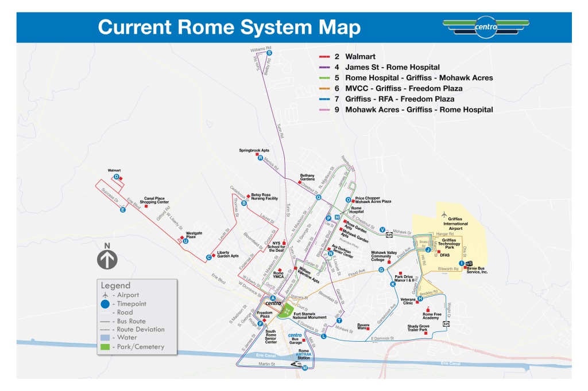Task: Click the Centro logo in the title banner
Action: [486, 26]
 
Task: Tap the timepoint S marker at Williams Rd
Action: [269, 53]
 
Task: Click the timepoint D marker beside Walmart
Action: [116, 177]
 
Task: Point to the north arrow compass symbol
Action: [107, 257]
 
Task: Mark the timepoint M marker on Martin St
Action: [305, 367]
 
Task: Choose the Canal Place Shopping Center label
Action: [156, 201]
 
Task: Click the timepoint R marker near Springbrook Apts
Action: [260, 158]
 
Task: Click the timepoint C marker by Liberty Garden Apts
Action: [208, 257]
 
